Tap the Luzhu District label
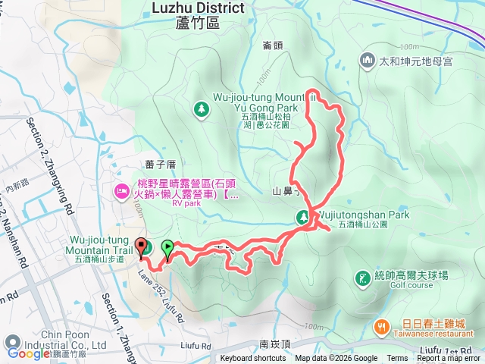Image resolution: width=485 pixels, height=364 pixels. coord(198,8)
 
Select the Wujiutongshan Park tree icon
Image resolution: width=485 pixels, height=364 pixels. coord(302,218)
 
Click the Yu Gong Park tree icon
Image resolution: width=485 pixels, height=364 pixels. coord(202,109)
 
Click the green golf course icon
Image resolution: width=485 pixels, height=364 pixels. coord(361,278)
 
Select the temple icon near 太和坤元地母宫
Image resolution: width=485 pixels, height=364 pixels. coord(368,59)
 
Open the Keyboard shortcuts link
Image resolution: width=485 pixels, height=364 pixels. coord(253,359)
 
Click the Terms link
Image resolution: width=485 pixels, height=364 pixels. coord(397,359)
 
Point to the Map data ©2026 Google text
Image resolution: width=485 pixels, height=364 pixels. coord(336,359)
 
